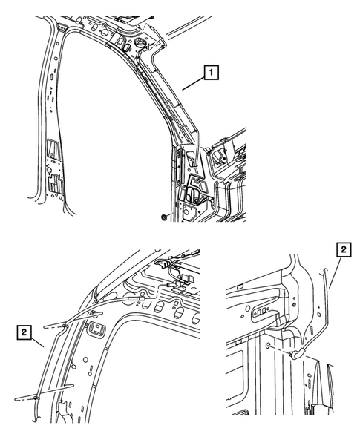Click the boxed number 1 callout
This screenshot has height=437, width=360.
click(x=211, y=73)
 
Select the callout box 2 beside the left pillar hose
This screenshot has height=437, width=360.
click(x=24, y=332)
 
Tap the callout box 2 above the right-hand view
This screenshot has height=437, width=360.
click(x=344, y=249)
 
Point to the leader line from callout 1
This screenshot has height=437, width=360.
click(x=193, y=83)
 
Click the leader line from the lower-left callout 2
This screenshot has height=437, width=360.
click(x=37, y=343)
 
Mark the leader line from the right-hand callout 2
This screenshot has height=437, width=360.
click(x=336, y=272)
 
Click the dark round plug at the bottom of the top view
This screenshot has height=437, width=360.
click(x=165, y=216)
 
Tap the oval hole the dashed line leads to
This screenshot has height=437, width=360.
click(x=268, y=346)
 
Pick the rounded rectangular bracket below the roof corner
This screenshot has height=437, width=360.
click(x=96, y=329)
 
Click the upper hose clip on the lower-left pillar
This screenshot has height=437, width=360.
click(x=66, y=326)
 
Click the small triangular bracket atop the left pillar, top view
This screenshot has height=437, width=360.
click(x=62, y=27)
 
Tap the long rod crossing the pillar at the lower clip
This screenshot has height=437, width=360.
click(x=44, y=393)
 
